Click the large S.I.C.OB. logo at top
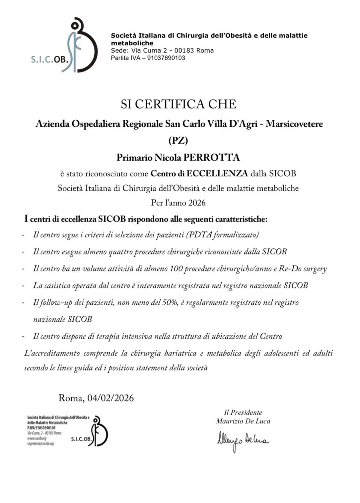click(65, 45)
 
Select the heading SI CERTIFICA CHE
click(179, 104)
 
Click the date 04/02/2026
click(110, 398)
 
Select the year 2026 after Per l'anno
click(197, 203)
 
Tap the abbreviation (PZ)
click(179, 141)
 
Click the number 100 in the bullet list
click(176, 269)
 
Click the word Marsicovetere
click(294, 124)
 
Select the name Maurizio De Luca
click(243, 421)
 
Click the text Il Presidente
click(243, 412)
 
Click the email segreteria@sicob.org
click(40, 443)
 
